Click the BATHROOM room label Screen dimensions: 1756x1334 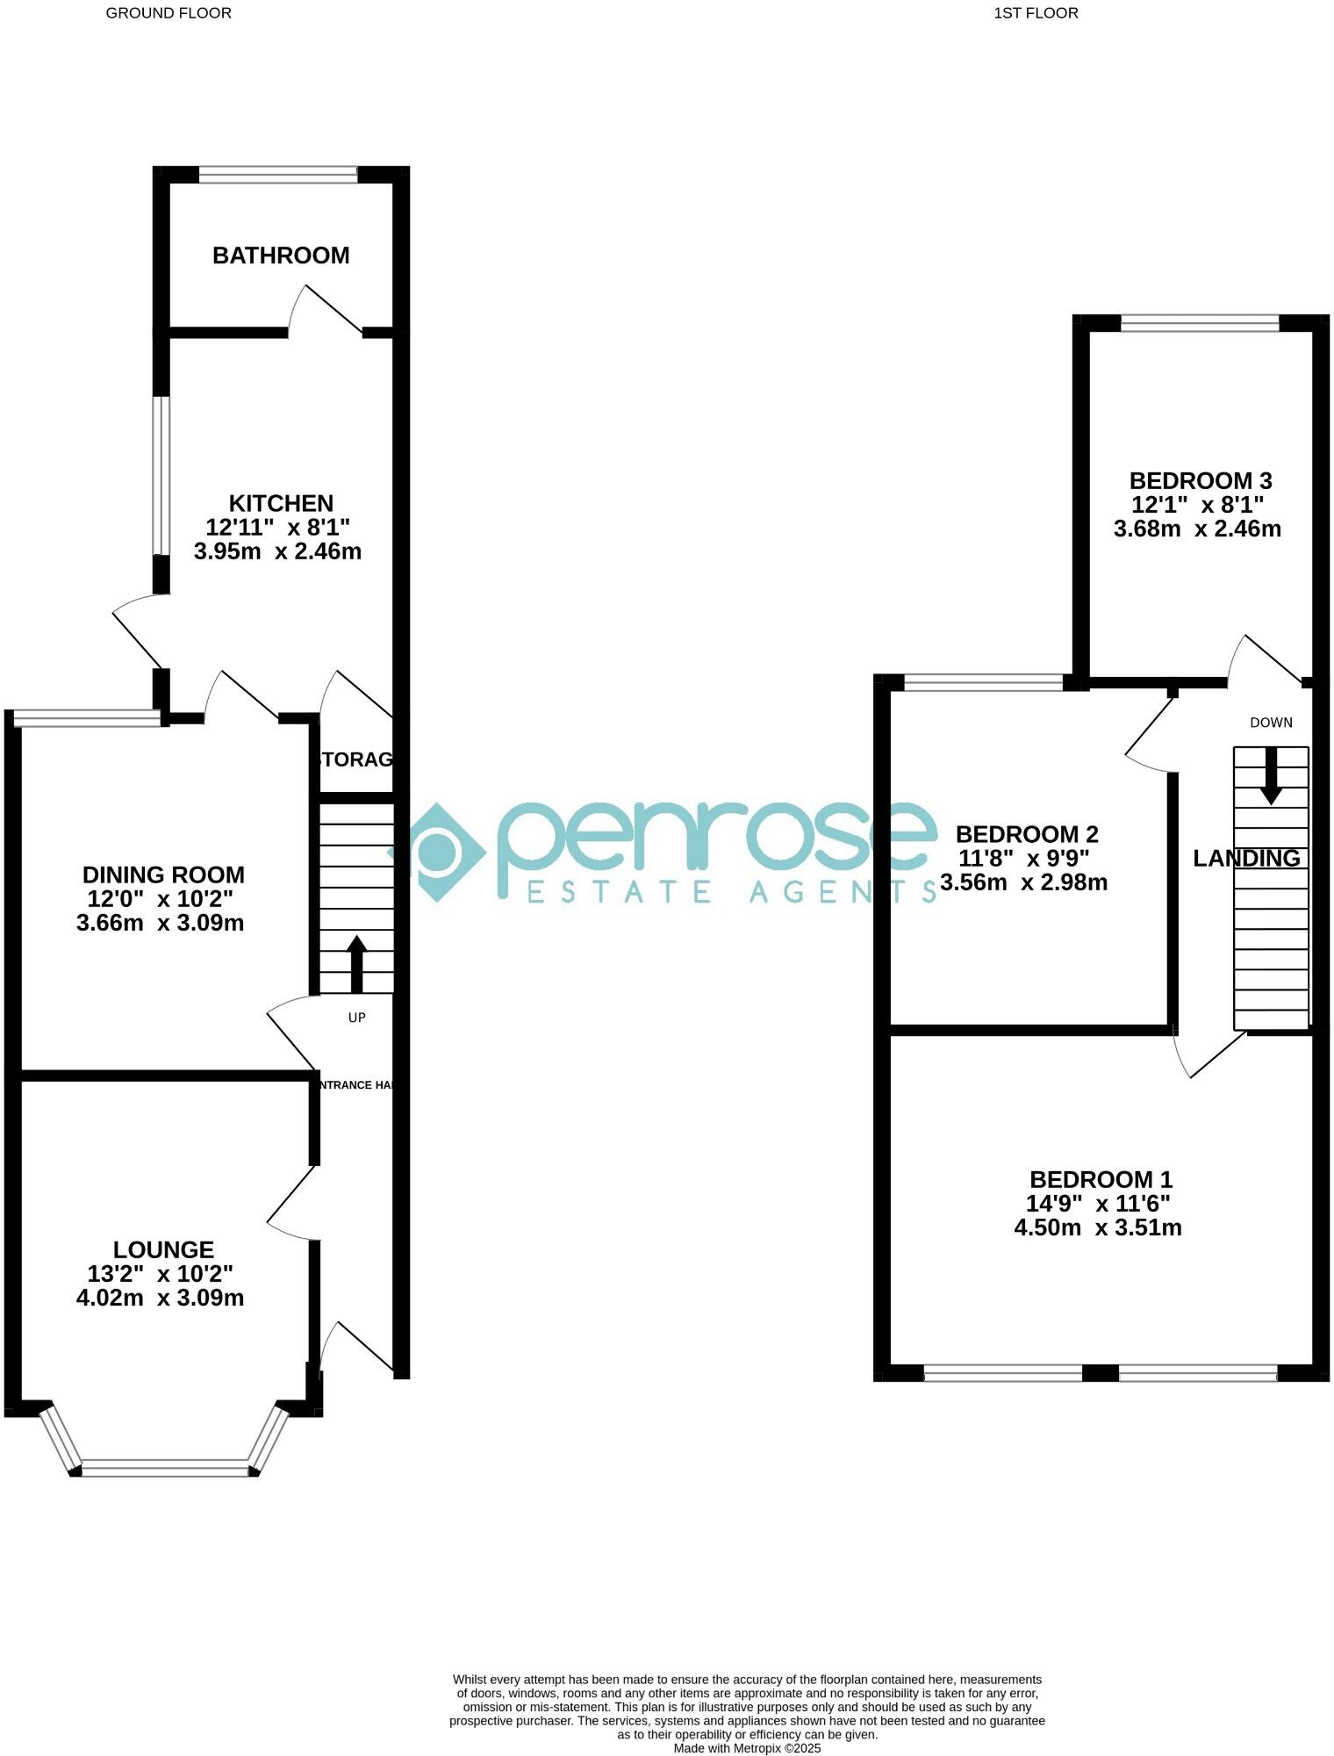click(281, 255)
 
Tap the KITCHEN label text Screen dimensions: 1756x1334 click(281, 503)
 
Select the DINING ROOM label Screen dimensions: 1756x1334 click(163, 874)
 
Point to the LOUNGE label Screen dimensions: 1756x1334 click(163, 1249)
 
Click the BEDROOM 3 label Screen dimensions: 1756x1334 click(1201, 481)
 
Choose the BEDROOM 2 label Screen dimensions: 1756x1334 click(1027, 834)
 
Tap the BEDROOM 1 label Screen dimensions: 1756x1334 click(1101, 1179)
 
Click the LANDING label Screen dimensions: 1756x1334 click(1246, 859)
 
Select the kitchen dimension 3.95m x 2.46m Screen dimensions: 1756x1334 click(277, 551)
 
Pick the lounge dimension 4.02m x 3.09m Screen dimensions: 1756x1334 click(160, 1298)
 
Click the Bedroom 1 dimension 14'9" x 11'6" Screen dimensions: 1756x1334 click(1098, 1204)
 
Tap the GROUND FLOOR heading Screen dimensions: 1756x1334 click(169, 13)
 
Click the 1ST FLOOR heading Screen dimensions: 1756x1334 click(1036, 13)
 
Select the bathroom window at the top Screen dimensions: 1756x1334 click(278, 175)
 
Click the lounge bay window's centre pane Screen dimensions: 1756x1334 click(165, 1467)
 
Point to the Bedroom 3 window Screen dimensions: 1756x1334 click(1200, 322)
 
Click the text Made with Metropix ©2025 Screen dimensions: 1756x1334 click(747, 1748)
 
